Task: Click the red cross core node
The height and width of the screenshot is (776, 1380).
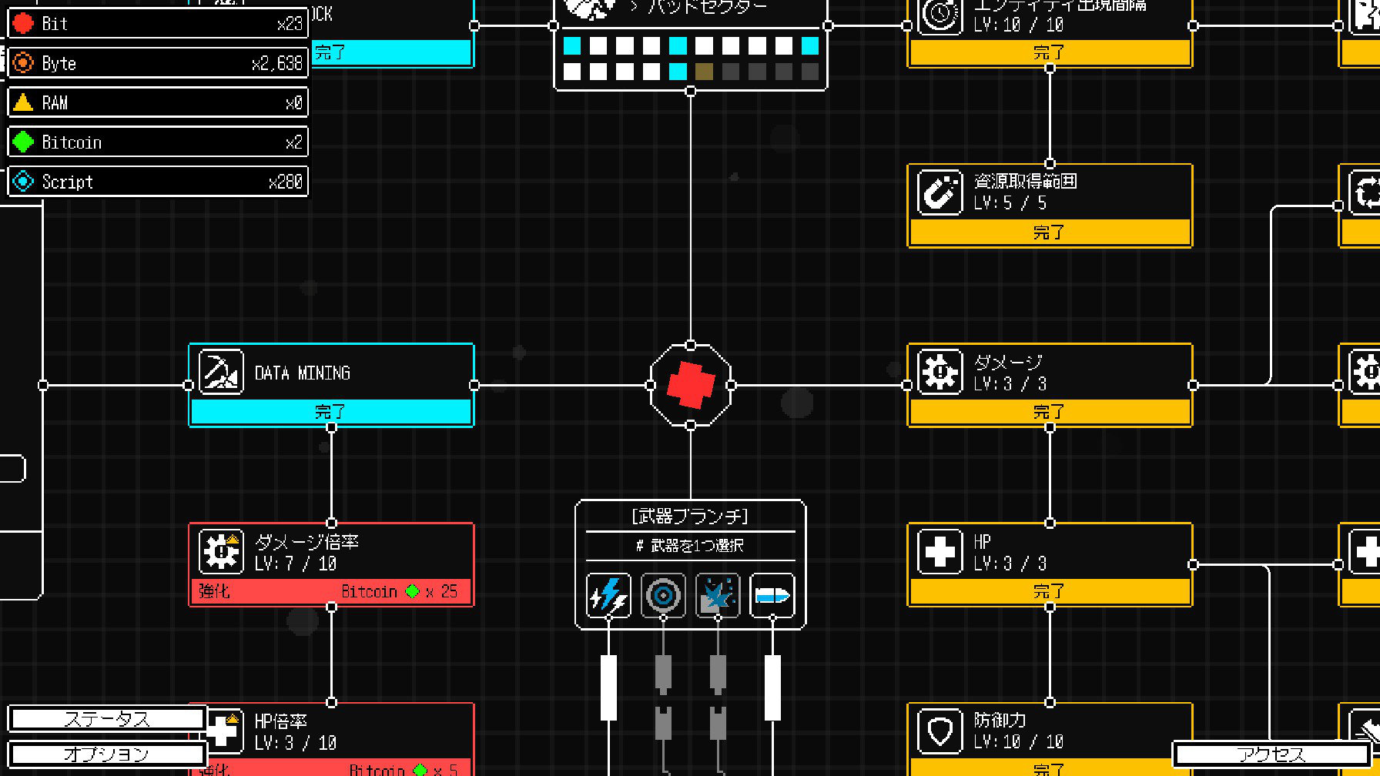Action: coord(690,385)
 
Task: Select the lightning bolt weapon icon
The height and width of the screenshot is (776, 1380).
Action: coord(608,595)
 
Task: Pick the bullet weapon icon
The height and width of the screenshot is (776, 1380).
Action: coord(772,595)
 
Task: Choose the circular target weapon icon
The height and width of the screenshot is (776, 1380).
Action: coord(663,595)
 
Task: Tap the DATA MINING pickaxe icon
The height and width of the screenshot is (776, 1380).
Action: coord(221,372)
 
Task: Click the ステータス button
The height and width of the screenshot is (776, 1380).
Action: coord(107,719)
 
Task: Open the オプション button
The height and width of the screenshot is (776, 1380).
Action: coord(107,754)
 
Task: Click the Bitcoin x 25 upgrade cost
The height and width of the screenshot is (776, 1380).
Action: coord(399,591)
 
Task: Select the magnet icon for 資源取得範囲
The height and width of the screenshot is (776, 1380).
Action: coord(940,192)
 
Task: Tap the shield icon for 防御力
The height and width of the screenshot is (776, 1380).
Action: coord(940,731)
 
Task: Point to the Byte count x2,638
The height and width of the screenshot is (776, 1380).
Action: coord(277,64)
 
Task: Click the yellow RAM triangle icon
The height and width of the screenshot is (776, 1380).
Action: coord(24,102)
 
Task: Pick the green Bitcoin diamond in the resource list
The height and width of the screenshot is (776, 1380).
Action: coord(24,142)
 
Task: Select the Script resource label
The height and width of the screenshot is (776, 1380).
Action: coord(68,182)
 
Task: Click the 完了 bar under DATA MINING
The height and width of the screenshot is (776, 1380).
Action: coord(331,412)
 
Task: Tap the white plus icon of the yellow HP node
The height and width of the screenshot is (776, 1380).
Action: coord(940,551)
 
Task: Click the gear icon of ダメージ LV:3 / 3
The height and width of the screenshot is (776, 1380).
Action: coord(940,372)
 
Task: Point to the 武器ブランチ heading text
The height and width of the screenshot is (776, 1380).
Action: coord(690,516)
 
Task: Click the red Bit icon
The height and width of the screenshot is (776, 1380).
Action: coord(24,24)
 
